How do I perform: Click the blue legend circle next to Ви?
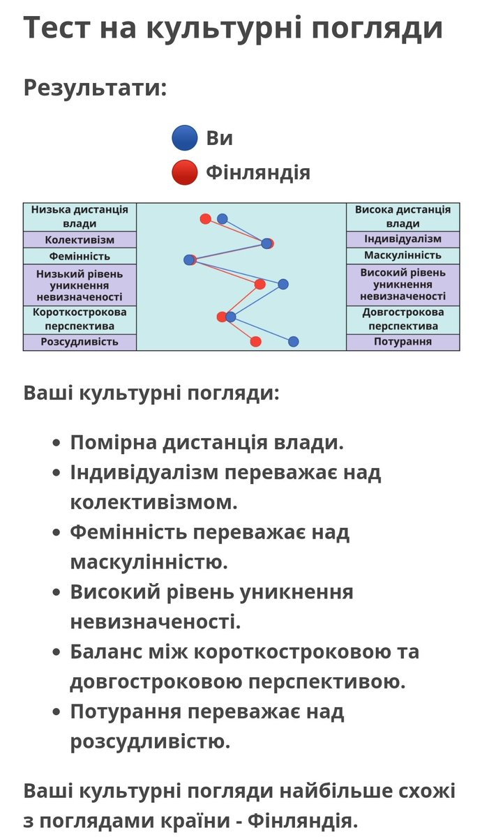[x=185, y=137]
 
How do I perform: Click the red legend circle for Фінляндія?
[x=185, y=172]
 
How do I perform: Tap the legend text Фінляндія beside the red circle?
[x=257, y=172]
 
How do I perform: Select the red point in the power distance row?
[x=205, y=219]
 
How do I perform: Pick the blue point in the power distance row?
[x=223, y=219]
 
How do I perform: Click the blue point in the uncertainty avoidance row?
[x=283, y=283]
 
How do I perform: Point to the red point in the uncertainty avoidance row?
[x=260, y=284]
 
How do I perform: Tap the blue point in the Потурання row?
[x=294, y=341]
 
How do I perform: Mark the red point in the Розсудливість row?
[x=255, y=341]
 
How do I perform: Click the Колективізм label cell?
[x=80, y=239]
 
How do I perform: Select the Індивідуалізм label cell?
[x=402, y=239]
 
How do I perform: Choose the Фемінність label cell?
[x=80, y=256]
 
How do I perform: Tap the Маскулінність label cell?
[x=402, y=256]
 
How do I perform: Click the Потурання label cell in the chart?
[x=402, y=342]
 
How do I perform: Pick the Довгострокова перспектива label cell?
[x=402, y=319]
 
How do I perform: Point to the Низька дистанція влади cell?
[x=80, y=217]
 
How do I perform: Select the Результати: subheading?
[x=96, y=88]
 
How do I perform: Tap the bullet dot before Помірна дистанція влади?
[x=57, y=444]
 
